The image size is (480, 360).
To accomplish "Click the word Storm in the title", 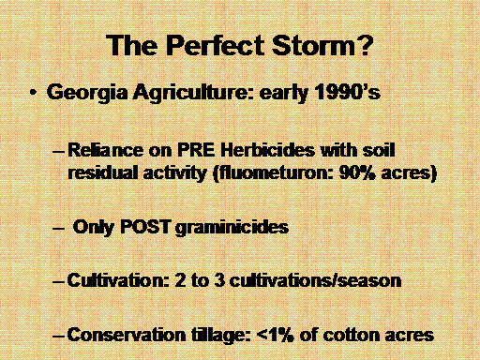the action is click(314, 45).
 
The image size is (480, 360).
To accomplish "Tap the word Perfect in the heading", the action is click(216, 45).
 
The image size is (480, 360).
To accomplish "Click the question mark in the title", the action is click(365, 45).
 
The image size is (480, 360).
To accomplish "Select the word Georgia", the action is click(87, 94).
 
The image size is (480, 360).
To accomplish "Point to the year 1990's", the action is click(347, 92).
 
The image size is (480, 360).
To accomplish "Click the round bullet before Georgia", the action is click(33, 93).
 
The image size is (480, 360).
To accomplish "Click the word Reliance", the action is click(105, 150).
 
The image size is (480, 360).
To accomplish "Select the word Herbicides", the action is click(267, 150).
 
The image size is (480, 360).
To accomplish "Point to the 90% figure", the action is click(357, 172).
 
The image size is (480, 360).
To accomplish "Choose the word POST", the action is click(145, 227).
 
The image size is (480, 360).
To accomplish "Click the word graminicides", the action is click(232, 228).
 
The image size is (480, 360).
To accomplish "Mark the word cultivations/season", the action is click(315, 280).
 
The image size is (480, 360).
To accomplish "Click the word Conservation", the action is click(127, 335).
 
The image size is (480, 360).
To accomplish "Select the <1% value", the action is click(275, 335).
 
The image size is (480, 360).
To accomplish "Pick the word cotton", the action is click(352, 335).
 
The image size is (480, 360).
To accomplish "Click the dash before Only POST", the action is click(58, 229).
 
